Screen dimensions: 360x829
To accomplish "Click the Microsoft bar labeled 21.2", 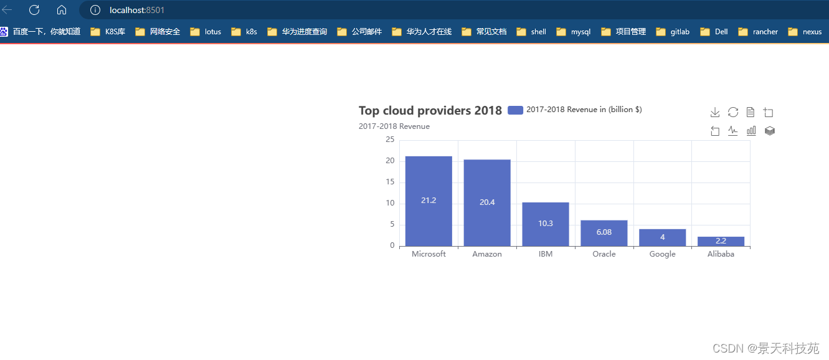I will (429, 201).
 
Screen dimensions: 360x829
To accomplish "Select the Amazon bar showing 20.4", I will (487, 202).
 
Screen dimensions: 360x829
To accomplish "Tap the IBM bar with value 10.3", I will (545, 224).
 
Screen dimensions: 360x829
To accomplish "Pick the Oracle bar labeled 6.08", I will (604, 232).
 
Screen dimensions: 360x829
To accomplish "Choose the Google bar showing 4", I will (662, 237).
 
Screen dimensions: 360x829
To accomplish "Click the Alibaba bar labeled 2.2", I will (721, 241).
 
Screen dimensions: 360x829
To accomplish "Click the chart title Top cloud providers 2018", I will (430, 111).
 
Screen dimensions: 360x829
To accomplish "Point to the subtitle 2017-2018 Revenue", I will (394, 126).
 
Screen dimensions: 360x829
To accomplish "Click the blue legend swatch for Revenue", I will (515, 110).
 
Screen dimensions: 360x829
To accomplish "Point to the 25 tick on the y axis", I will (390, 140).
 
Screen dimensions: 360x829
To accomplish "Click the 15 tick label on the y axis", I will (390, 182).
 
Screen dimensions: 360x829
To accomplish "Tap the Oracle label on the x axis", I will (604, 254).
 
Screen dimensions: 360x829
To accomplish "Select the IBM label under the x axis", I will (545, 254).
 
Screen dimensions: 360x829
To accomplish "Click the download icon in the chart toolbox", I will (715, 112).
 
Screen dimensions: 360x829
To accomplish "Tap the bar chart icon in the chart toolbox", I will (751, 131).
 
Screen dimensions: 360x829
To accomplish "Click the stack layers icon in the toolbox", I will (769, 131).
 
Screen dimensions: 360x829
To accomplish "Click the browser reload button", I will (34, 10).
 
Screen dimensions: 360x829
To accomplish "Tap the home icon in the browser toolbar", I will (61, 10).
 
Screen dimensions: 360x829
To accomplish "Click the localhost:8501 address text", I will (137, 10).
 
